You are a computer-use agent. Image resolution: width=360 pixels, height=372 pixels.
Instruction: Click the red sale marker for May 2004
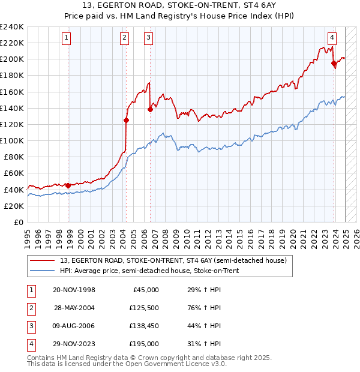pos(127,120)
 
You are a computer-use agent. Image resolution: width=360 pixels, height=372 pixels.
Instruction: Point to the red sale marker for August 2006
pos(150,109)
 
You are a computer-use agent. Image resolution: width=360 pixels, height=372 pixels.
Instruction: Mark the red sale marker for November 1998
pos(68,185)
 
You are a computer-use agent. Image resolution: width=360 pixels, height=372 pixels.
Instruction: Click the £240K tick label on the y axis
pos(12,27)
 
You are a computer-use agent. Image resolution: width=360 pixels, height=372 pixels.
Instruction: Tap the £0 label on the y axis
pos(18,222)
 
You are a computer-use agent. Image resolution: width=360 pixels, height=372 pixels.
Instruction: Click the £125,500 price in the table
pos(145,308)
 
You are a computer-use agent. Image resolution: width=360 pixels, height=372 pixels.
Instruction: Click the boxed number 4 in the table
pos(30,344)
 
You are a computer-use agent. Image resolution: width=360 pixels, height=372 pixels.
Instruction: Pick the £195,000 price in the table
pos(145,344)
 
